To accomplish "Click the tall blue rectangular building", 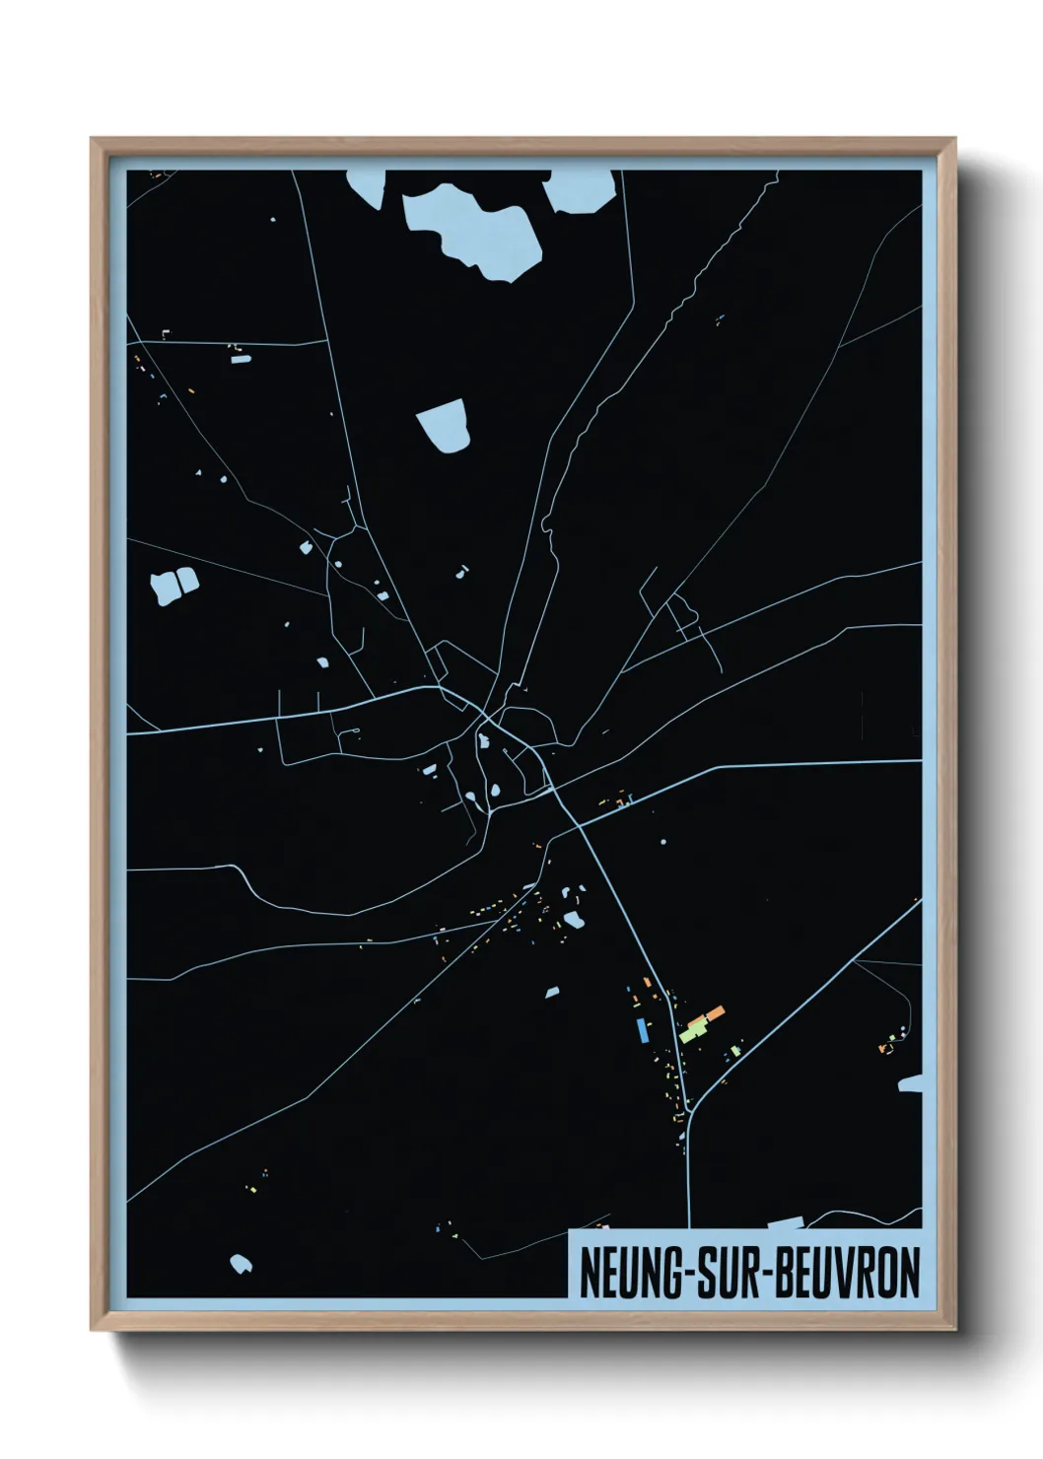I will pos(643,1030).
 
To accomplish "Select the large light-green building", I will pos(694,1031).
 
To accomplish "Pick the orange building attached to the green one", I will pos(709,1016).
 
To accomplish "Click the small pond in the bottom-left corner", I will pos(241,1263).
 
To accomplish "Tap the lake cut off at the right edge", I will pos(911,1084).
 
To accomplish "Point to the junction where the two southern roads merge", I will pos(690,1111).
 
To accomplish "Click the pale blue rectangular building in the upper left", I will pos(241,360).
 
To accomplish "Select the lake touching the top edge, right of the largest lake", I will pos(581,189).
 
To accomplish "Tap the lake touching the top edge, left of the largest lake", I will pos(366,186).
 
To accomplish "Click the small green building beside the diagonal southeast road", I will pos(734,1051).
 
